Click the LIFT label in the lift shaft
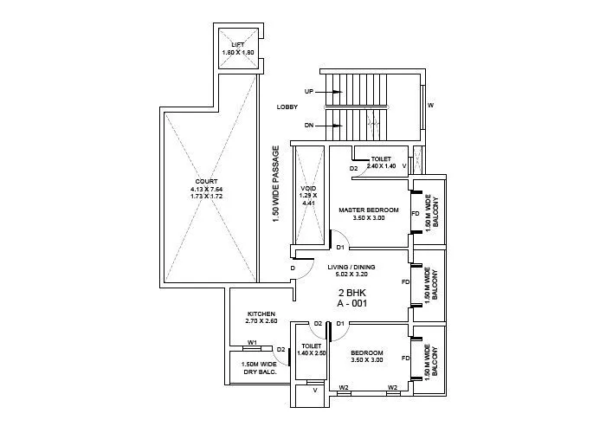click(x=238, y=44)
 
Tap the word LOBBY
click(x=287, y=107)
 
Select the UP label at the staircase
click(x=308, y=91)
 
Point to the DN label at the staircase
click(x=308, y=126)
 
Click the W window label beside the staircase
click(x=430, y=106)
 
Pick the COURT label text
click(x=206, y=181)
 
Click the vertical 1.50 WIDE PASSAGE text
click(x=276, y=184)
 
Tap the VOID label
click(x=308, y=188)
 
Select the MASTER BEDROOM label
click(x=368, y=210)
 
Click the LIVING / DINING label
click(x=351, y=268)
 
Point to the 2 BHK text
click(x=351, y=293)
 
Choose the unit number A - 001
click(x=351, y=305)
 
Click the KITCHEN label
click(x=261, y=313)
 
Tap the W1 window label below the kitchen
click(x=253, y=342)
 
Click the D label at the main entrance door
click(x=293, y=268)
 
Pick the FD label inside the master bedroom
click(x=416, y=213)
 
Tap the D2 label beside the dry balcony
click(x=281, y=349)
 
